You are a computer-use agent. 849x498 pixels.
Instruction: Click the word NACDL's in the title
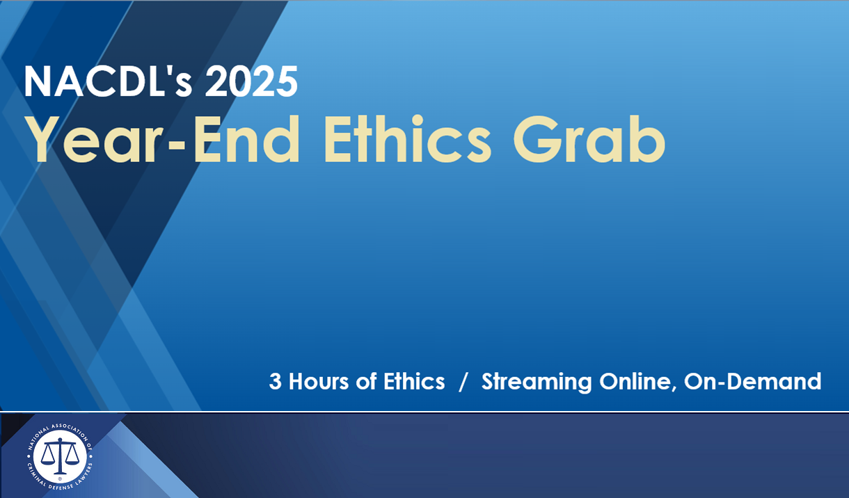click(x=97, y=81)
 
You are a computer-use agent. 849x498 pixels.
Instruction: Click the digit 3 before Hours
click(x=275, y=381)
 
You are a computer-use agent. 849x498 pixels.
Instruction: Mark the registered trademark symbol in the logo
click(x=60, y=478)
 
